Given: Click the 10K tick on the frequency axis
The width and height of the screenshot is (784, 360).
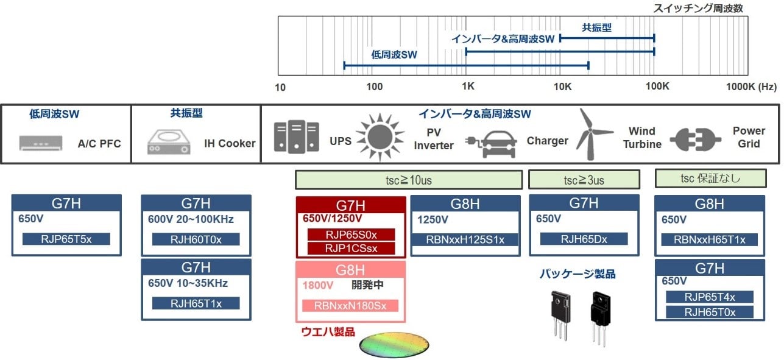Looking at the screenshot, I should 562,87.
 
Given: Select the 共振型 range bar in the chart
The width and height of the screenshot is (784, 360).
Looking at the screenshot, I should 607,38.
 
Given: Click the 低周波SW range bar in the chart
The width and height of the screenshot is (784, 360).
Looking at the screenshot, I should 466,65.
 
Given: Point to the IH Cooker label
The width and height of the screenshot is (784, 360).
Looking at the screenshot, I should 230,144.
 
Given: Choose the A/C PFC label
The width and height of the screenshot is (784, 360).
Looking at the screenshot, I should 99,144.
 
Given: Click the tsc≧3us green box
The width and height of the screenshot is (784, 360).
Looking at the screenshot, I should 584,180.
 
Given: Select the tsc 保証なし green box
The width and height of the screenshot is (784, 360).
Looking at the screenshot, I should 710,178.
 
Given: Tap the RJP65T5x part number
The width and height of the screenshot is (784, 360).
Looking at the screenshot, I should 66,239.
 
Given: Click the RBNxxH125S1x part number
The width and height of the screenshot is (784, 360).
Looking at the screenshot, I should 466,239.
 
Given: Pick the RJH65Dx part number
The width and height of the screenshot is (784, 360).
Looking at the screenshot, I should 584,239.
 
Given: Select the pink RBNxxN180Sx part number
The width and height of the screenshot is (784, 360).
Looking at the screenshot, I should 350,305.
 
